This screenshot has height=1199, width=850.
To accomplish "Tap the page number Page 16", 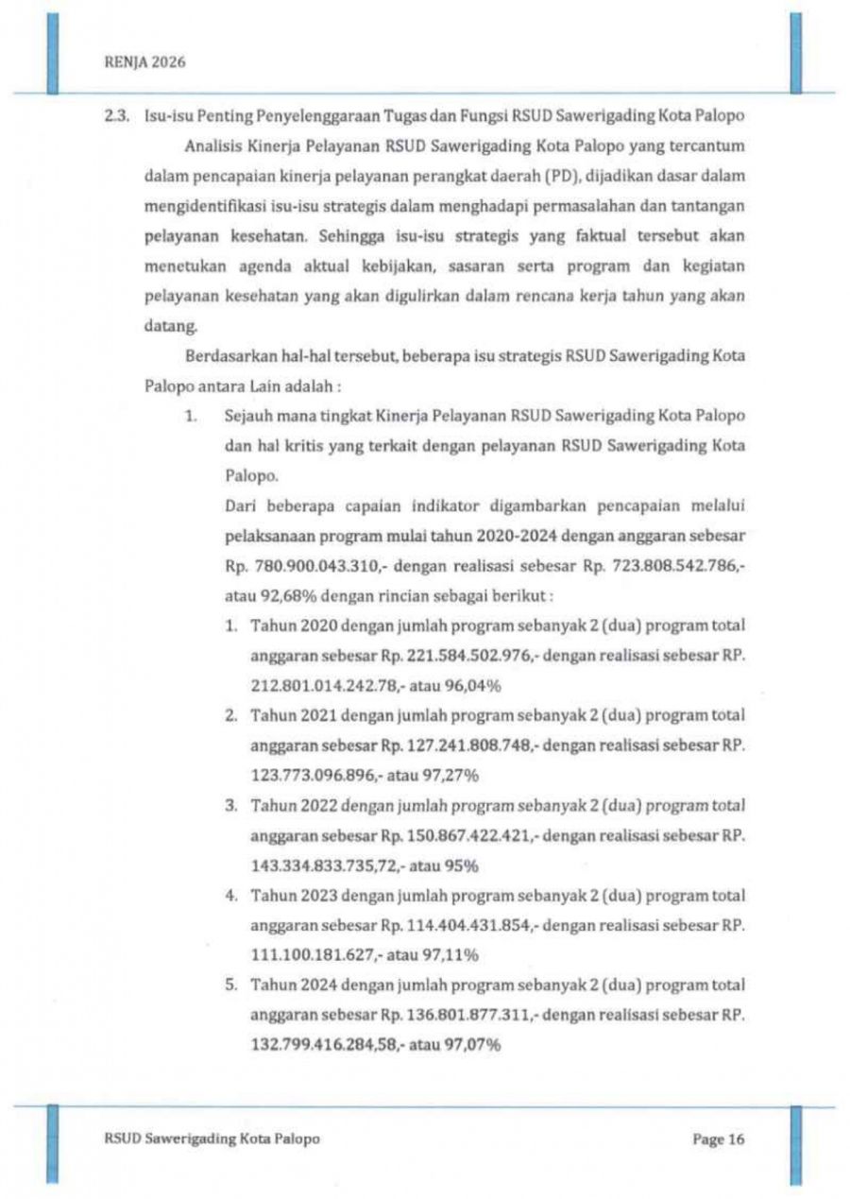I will point(719,1139).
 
